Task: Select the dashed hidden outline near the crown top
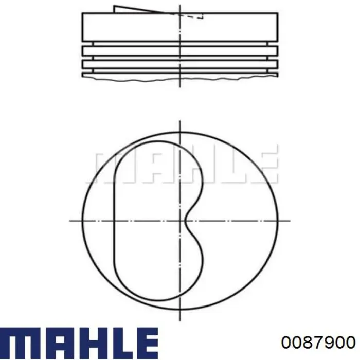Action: coord(191,16)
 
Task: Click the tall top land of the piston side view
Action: coord(180,27)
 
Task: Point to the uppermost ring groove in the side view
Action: coord(180,44)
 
